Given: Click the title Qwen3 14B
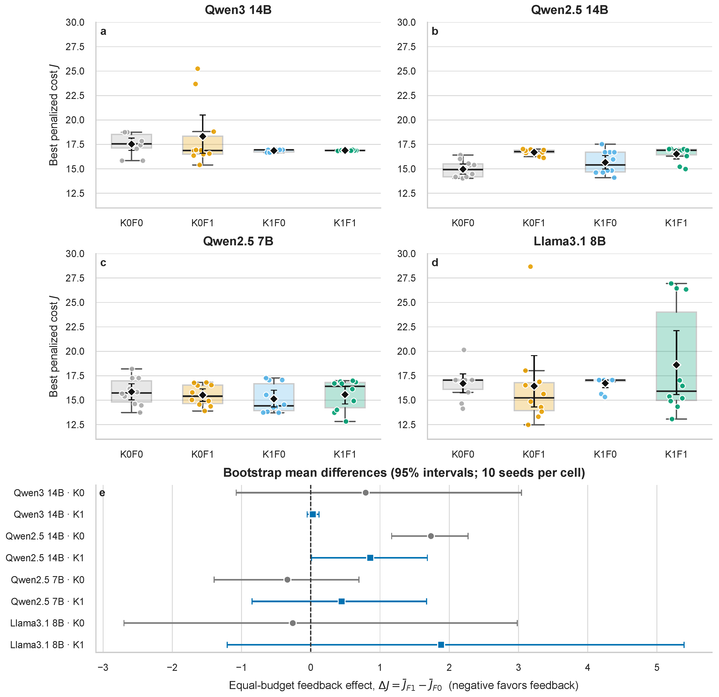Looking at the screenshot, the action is (238, 10).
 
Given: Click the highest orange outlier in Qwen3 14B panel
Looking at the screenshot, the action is (197, 69).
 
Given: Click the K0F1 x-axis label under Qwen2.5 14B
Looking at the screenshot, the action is (534, 223).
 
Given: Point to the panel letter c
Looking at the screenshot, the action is (103, 263).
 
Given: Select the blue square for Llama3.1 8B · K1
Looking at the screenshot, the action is (441, 645).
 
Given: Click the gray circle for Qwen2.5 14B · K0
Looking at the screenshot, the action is (431, 536).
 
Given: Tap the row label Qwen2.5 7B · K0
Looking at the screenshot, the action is (48, 580).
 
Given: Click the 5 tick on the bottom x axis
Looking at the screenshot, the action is (657, 668).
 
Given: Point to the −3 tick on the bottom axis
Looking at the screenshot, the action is (103, 668).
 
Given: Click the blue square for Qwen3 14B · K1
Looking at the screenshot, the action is (312, 514).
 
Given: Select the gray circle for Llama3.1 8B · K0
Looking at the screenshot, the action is (293, 623).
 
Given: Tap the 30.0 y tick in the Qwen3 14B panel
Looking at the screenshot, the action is (75, 22).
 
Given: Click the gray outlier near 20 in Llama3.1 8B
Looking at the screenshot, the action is (464, 350).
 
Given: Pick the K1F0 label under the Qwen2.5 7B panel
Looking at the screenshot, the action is (274, 455).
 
